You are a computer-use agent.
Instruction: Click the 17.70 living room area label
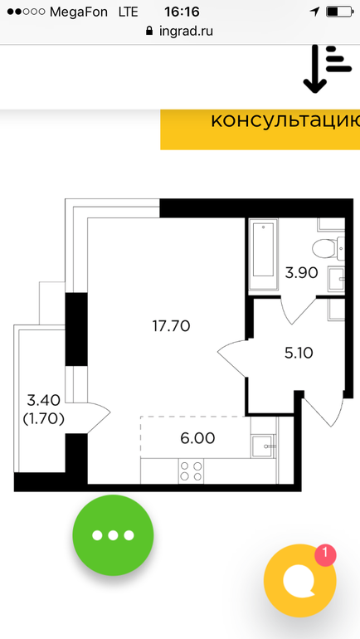click(171, 326)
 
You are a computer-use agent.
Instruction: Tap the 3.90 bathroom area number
click(301, 273)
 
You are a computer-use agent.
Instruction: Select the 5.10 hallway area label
click(299, 353)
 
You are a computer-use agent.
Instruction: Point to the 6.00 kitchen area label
click(197, 438)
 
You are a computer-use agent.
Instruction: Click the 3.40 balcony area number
click(44, 401)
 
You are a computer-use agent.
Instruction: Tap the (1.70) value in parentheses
click(44, 419)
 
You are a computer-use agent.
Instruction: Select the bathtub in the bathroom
click(264, 255)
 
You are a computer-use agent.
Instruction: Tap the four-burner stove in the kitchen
click(191, 471)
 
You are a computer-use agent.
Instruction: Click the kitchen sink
click(264, 446)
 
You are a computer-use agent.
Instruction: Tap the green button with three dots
click(113, 535)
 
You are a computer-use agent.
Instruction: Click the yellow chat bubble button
click(300, 580)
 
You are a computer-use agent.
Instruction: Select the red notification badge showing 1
click(325, 554)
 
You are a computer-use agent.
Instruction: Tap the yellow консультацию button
click(260, 129)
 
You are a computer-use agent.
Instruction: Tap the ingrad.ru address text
click(186, 31)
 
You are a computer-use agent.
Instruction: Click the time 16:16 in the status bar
click(182, 12)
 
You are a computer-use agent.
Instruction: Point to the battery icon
click(338, 12)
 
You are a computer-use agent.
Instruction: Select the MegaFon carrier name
click(79, 12)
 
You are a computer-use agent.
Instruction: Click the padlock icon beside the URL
click(149, 31)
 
